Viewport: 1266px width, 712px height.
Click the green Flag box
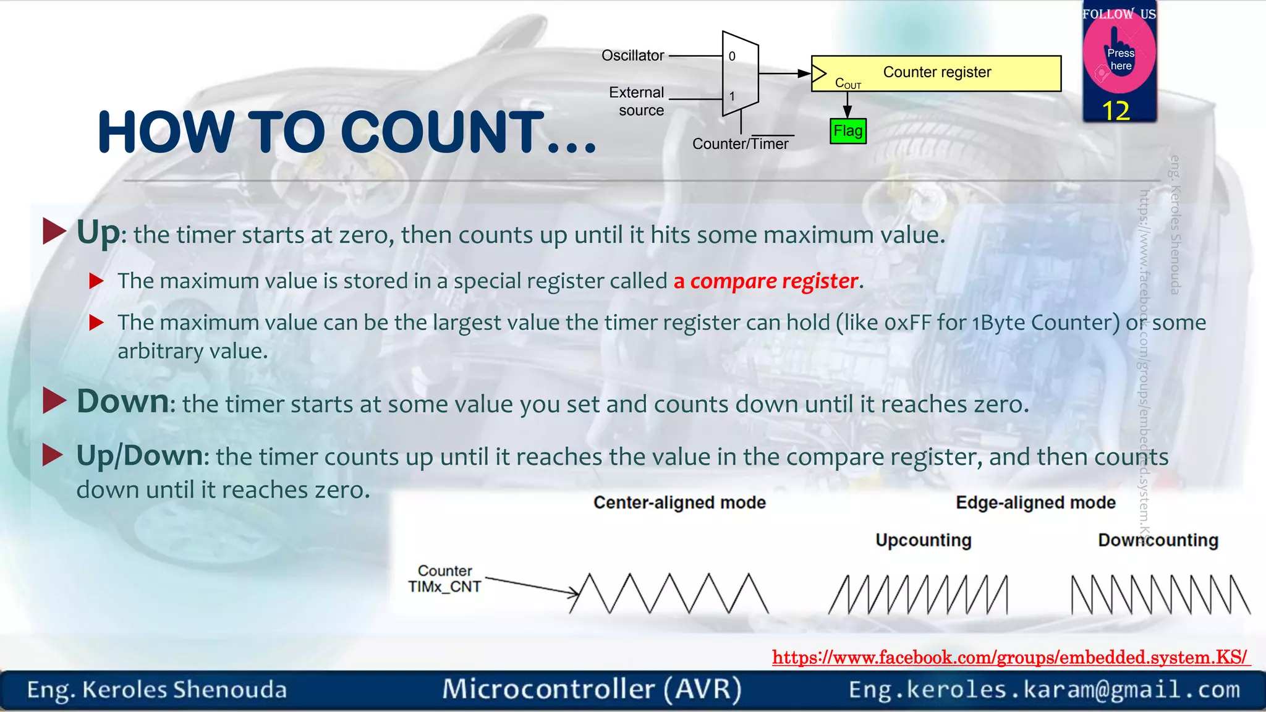tap(848, 131)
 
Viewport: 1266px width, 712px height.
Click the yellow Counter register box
tap(936, 73)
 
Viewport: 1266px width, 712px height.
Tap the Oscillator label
tap(632, 56)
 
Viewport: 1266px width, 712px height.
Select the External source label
tap(637, 101)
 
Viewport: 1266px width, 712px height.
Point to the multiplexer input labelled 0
tap(732, 56)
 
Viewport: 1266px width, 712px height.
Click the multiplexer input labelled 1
tap(732, 96)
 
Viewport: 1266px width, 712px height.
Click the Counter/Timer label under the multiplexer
tap(740, 144)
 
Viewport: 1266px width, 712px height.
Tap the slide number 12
tap(1116, 111)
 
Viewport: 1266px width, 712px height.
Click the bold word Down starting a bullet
tap(122, 402)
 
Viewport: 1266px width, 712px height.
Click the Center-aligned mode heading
tap(679, 502)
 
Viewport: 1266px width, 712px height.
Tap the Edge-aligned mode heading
tap(1035, 502)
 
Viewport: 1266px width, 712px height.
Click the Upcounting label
tap(923, 540)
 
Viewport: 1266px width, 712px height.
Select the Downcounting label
tap(1158, 540)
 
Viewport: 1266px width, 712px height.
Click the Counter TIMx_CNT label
tap(444, 579)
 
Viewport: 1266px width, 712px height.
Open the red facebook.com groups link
tap(1010, 657)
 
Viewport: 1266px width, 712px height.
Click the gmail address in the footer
tap(1044, 690)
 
